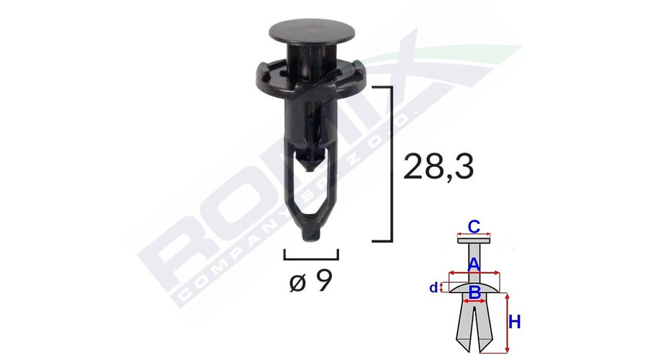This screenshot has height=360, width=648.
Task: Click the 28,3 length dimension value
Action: [439, 167]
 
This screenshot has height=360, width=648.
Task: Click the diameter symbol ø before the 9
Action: [298, 282]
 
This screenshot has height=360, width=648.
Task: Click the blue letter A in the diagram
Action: [474, 265]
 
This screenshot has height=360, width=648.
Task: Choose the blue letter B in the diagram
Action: [474, 292]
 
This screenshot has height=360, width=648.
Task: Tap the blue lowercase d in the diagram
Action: [433, 288]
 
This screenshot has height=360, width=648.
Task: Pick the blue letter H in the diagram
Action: [514, 323]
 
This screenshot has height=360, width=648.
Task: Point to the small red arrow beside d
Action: [441, 288]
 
